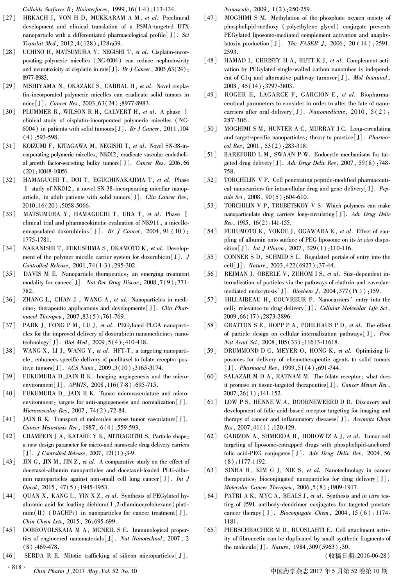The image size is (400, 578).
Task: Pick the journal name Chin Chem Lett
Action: tap(40, 521)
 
